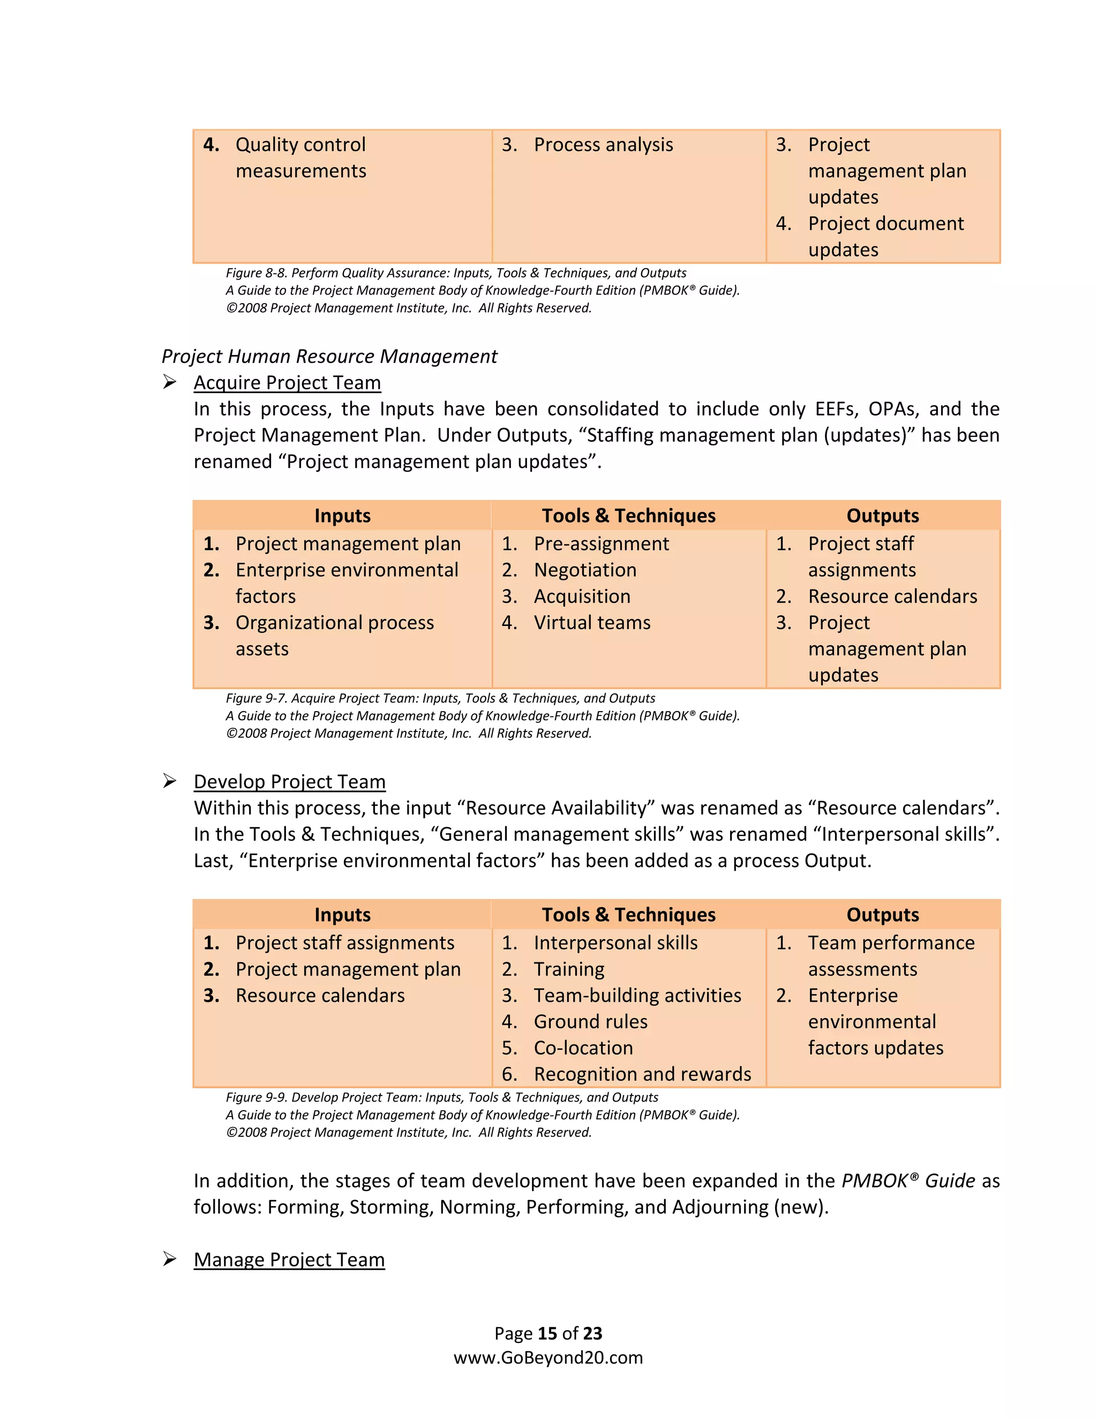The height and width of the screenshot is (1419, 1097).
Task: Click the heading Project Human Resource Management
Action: pos(329,356)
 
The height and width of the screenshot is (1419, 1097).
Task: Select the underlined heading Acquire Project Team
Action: pos(287,383)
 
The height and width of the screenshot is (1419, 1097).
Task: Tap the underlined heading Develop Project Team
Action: pos(289,782)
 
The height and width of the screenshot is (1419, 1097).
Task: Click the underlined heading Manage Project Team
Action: pos(289,1259)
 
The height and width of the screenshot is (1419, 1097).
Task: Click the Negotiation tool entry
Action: pos(585,570)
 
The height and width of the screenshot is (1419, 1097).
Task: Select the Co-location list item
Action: pos(583,1047)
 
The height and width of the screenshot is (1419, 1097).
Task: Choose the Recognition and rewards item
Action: pos(642,1074)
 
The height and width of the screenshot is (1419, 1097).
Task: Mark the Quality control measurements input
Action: pos(300,157)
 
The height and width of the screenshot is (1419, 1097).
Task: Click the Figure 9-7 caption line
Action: pos(440,698)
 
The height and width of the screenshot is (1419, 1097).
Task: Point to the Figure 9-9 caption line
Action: pos(441,1097)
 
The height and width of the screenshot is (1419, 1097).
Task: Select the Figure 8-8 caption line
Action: pos(456,273)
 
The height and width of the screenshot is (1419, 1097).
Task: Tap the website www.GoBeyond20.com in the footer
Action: pos(548,1357)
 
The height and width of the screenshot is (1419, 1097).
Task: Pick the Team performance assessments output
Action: pos(890,955)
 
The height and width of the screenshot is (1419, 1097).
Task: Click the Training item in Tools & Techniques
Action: pos(569,969)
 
